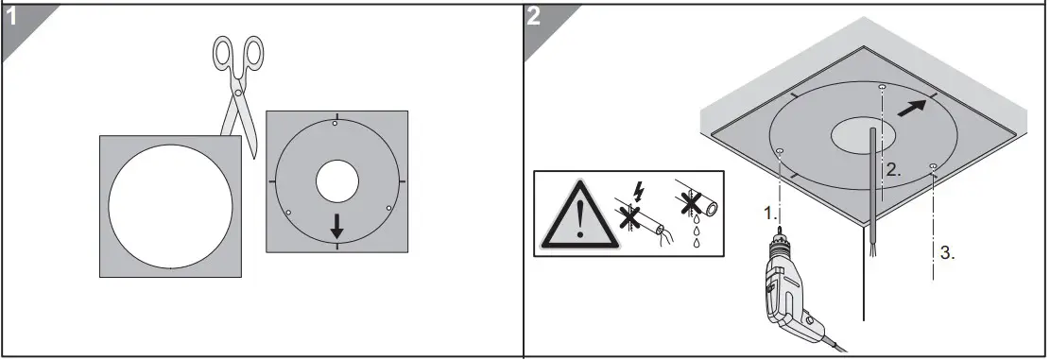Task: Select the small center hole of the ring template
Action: tap(337, 181)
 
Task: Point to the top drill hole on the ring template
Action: tap(336, 123)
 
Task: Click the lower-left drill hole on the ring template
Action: tap(288, 212)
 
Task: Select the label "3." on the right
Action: tap(947, 252)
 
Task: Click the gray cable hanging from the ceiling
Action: tap(871, 189)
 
